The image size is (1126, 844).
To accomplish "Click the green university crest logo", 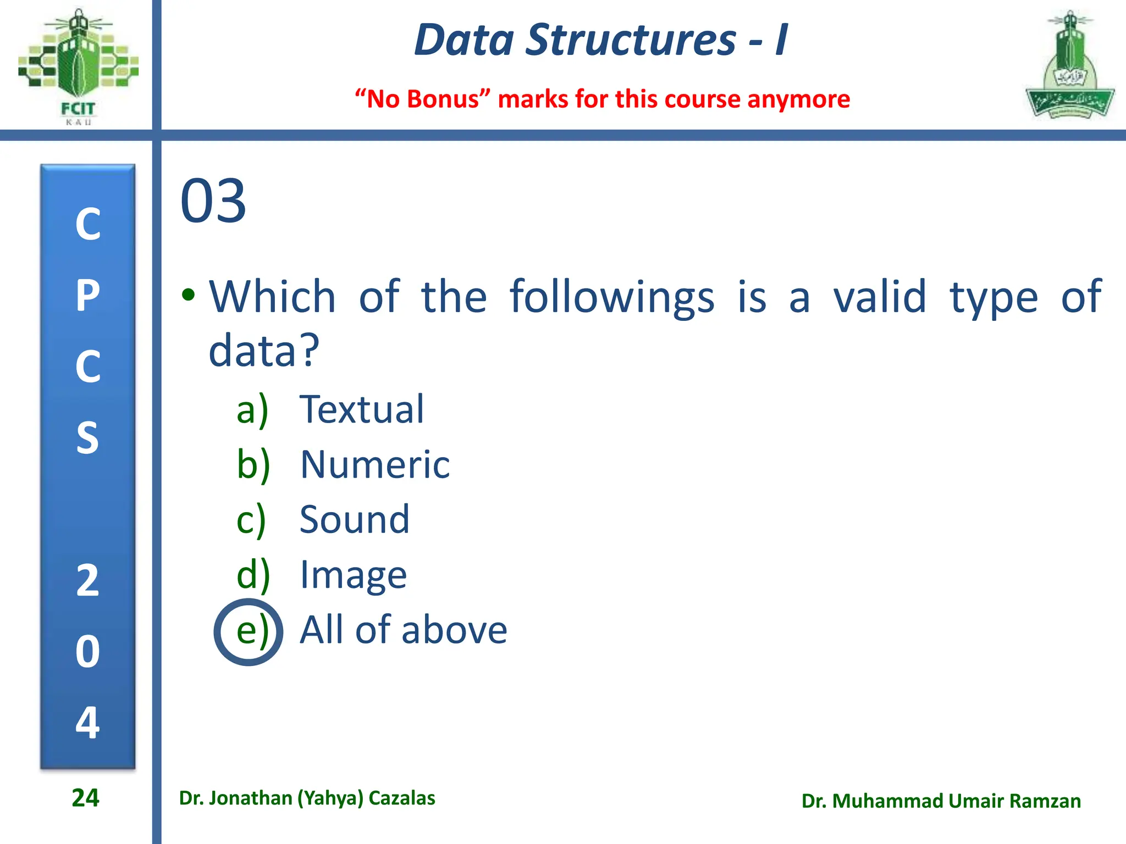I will pos(1069,66).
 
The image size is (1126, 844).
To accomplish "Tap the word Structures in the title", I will pos(630,40).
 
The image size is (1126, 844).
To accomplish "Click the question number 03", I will pos(213,201).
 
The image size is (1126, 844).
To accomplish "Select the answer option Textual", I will pos(361,409).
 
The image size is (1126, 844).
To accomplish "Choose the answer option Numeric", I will pos(374,465).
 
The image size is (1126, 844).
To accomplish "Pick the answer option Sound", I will pos(354,519).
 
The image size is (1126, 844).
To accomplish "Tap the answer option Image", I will pos(353,575).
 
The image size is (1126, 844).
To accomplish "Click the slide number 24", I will pos(85,798).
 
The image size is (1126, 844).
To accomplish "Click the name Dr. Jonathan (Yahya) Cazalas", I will pos(307,798).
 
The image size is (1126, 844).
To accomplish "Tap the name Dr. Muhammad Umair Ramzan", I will pos(941,801).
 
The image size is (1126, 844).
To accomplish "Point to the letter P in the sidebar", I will pos(88,296).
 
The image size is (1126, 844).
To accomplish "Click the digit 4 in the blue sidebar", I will pos(88,722).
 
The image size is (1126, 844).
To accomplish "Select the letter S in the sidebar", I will pos(88,438).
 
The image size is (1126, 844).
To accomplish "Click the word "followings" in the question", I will pos(611,297).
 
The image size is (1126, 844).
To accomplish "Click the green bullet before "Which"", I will pos(189,295).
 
